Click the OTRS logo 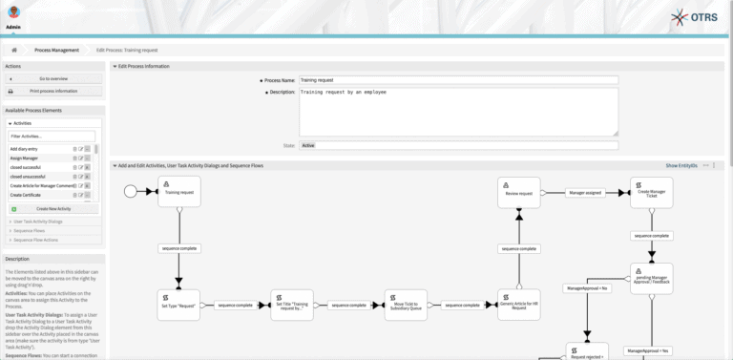coord(701,18)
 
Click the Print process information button coord(53,91)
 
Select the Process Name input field coord(458,81)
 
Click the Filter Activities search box coord(52,137)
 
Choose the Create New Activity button coord(53,208)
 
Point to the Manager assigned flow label coord(586,191)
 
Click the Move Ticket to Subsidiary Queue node coord(407,306)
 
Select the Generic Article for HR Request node coord(519,306)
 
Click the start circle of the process coord(131,191)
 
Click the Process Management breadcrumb coord(57,50)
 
